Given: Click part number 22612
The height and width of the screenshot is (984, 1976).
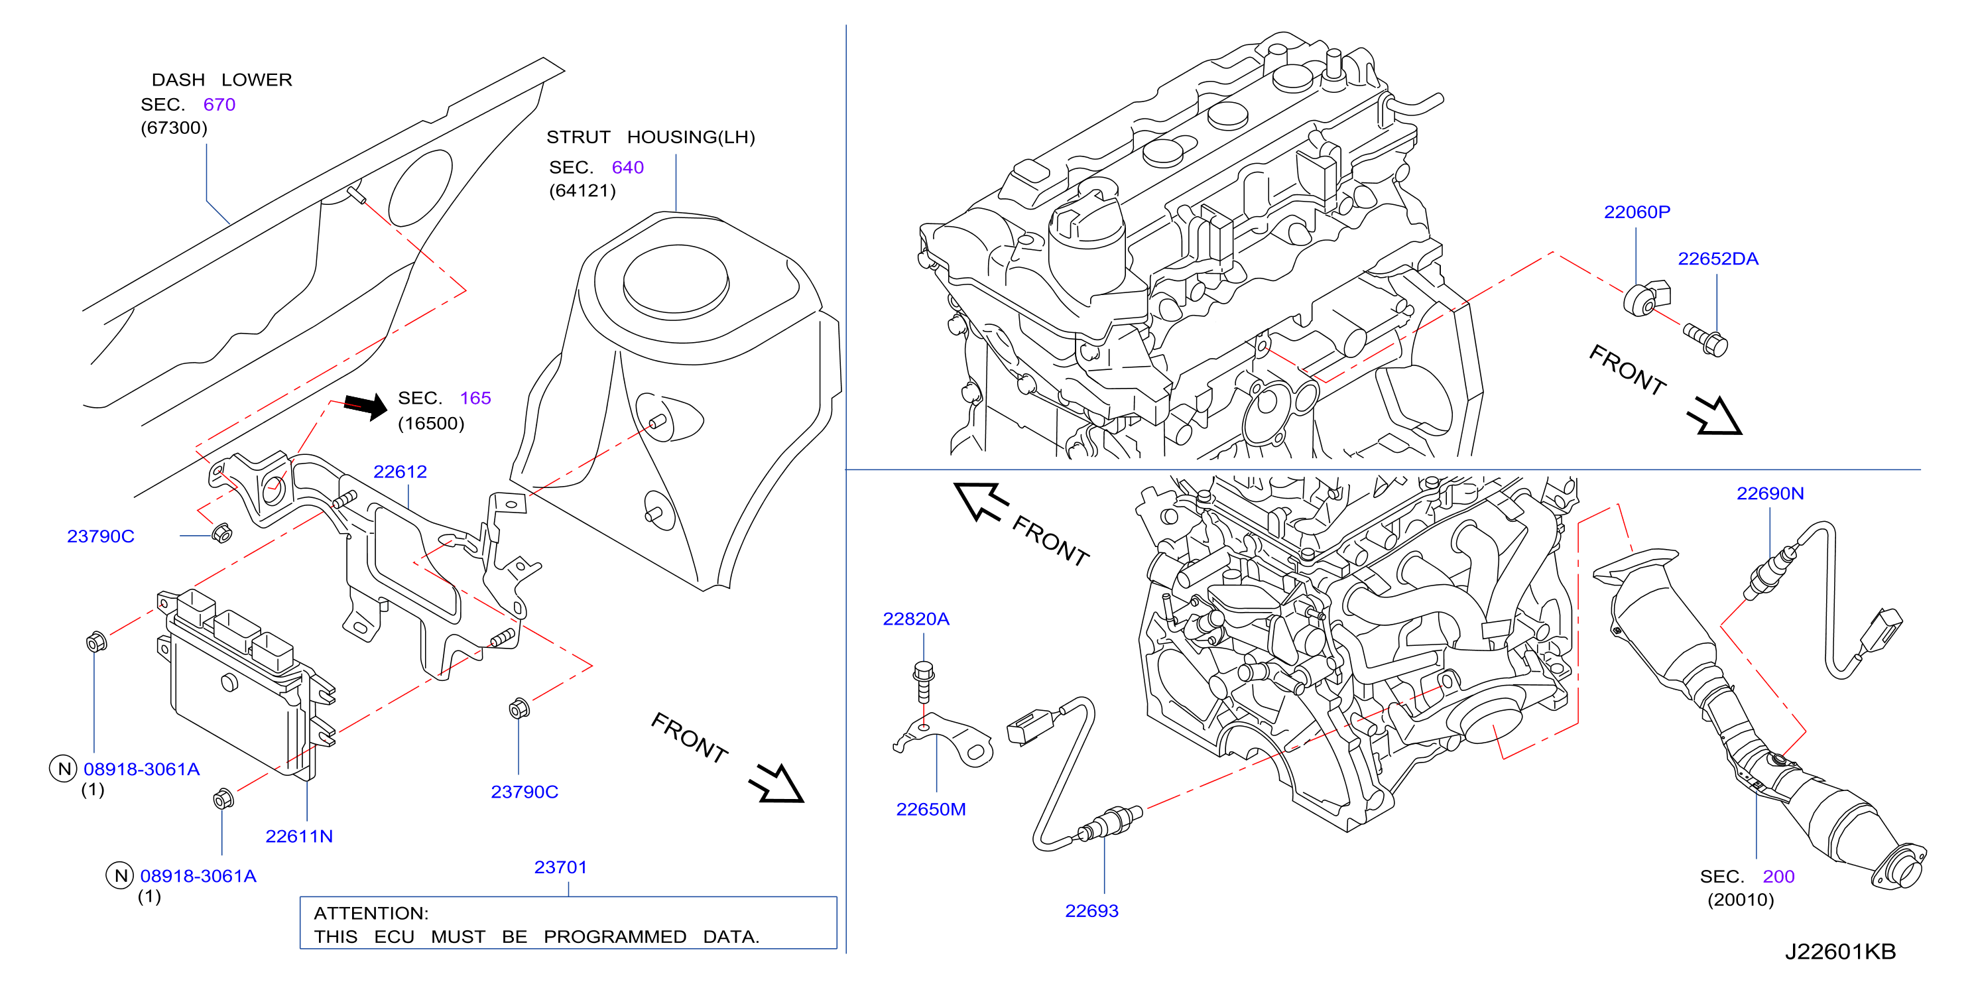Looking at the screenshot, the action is (400, 471).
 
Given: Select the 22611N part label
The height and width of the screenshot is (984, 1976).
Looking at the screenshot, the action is (298, 836).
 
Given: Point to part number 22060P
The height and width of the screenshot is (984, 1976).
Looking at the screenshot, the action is (1636, 212).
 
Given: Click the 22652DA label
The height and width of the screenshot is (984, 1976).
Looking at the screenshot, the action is (1717, 259).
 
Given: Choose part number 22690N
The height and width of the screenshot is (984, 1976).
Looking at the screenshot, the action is (1770, 493).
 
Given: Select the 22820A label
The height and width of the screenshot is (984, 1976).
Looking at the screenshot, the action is (916, 619).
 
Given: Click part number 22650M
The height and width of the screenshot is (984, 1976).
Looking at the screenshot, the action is (930, 809).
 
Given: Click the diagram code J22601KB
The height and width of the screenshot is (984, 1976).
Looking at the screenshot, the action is (1839, 952).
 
